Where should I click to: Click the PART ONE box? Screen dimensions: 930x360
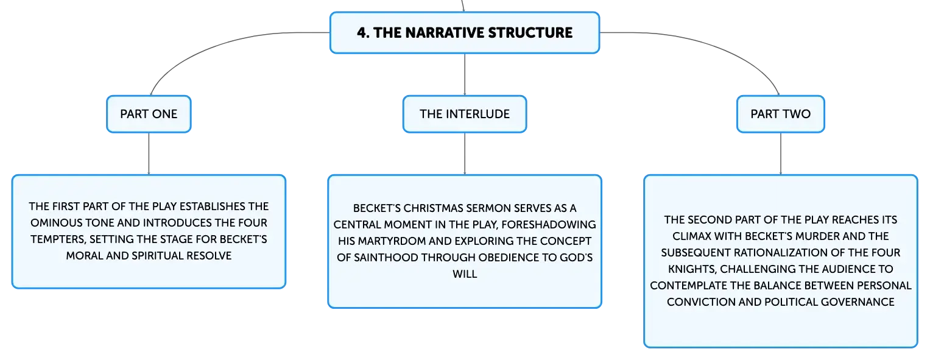point(149,114)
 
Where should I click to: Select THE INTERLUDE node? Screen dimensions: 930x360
point(465,114)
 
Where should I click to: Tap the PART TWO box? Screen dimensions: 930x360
point(781,114)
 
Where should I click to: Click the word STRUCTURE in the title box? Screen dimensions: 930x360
point(530,33)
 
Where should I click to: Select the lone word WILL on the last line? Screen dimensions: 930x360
point(465,274)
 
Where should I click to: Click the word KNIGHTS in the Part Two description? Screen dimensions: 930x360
point(692,269)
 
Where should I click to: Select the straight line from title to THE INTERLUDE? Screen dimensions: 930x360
point(465,75)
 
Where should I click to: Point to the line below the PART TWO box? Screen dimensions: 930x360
point(781,154)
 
